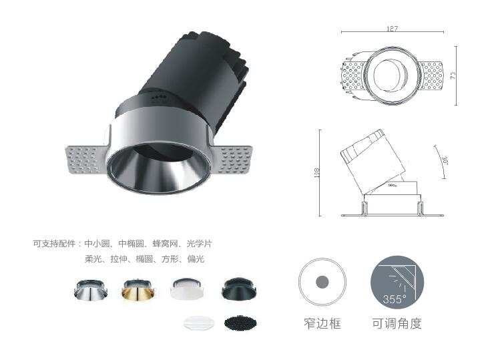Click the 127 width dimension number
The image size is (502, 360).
[x=393, y=29]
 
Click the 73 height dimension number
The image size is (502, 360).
[x=453, y=75]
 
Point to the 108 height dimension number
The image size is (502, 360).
[x=317, y=172]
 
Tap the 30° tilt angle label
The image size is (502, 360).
[x=445, y=160]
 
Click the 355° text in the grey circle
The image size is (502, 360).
[x=395, y=299]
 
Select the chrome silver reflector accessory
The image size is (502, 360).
[x=91, y=290]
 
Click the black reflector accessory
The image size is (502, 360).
[x=239, y=289]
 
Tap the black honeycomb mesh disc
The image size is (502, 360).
[x=240, y=323]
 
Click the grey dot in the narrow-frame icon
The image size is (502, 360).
[x=322, y=282]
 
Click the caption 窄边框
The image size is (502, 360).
[x=322, y=323]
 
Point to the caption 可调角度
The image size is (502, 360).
[x=397, y=323]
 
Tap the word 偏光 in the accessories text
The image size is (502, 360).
[x=196, y=258]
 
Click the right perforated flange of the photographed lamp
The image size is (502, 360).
[x=232, y=159]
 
